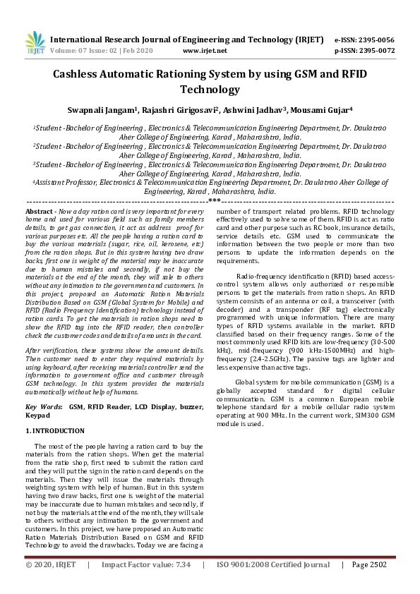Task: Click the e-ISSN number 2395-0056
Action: click(x=374, y=40)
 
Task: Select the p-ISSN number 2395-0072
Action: click(x=374, y=51)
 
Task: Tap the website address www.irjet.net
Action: click(x=205, y=51)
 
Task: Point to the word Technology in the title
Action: click(x=210, y=90)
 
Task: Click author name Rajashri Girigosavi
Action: click(x=176, y=111)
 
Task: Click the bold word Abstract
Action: click(x=40, y=212)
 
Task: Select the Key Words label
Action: click(x=44, y=407)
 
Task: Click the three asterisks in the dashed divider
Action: click(x=210, y=202)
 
